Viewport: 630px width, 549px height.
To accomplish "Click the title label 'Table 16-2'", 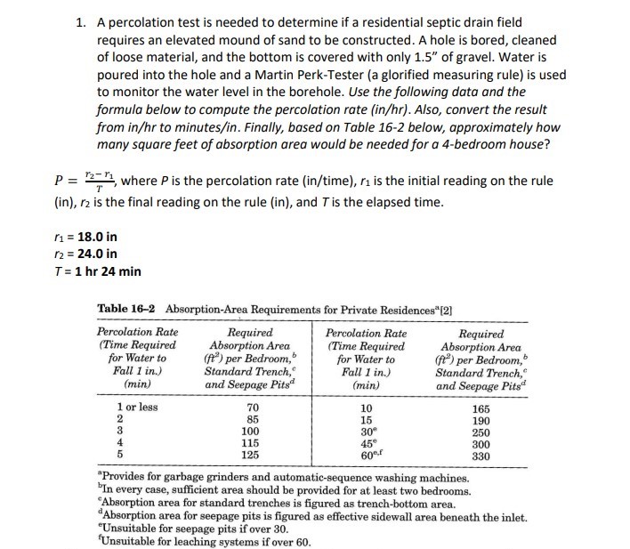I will coord(128,308).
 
